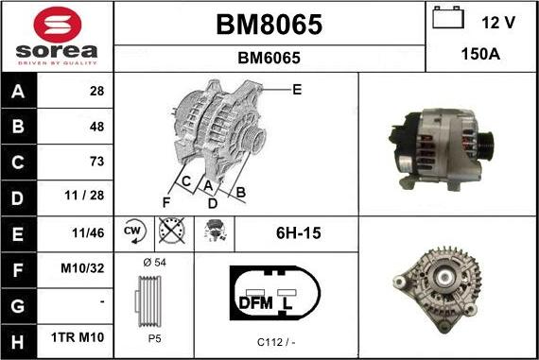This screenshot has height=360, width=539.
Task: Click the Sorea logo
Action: click(56, 36)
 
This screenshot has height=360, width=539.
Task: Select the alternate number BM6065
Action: click(269, 58)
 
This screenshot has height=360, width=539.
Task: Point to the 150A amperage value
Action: click(480, 56)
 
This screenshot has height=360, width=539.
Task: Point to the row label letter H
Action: click(19, 337)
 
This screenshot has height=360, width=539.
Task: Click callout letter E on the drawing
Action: click(296, 90)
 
